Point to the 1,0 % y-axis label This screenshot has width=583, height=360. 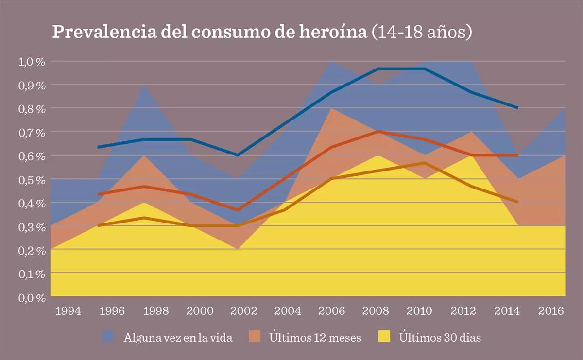32,62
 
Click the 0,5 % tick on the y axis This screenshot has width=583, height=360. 32,180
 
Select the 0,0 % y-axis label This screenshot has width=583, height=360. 32,297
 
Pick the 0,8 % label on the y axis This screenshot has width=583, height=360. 32,109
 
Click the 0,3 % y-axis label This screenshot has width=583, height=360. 32,227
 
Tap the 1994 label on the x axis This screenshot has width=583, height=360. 68,311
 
